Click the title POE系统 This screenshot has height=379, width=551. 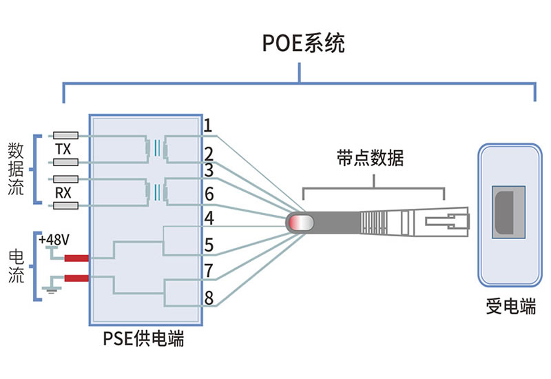pyautogui.click(x=303, y=43)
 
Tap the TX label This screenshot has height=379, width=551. pyautogui.click(x=63, y=149)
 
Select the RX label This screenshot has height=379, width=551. pyautogui.click(x=63, y=193)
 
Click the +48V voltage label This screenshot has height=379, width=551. pyautogui.click(x=54, y=240)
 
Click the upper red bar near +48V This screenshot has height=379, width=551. pyautogui.click(x=76, y=258)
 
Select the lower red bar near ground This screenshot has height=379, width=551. pyautogui.click(x=76, y=278)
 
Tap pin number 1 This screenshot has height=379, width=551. pyautogui.click(x=208, y=125)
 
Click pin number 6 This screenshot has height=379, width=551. pyautogui.click(x=209, y=194)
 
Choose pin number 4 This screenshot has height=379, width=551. pyautogui.click(x=209, y=218)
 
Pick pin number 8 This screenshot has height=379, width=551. pyautogui.click(x=209, y=298)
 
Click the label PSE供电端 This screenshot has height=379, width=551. pyautogui.click(x=143, y=338)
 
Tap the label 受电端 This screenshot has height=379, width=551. pyautogui.click(x=511, y=306)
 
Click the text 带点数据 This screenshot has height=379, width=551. pyautogui.click(x=371, y=158)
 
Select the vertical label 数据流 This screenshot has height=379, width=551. pyautogui.click(x=16, y=169)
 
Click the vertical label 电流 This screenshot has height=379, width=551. pyautogui.click(x=16, y=266)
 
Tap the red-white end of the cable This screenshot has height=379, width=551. pyautogui.click(x=300, y=223)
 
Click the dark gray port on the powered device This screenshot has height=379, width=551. pyautogui.click(x=505, y=213)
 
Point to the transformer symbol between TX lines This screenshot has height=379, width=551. pyautogui.click(x=157, y=149)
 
